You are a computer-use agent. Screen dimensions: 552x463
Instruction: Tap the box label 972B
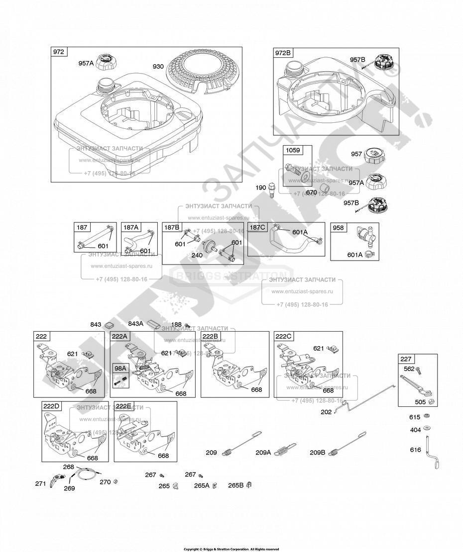click(x=283, y=53)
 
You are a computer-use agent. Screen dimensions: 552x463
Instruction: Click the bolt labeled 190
click(x=272, y=190)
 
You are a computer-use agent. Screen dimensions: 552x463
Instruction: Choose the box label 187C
click(x=257, y=227)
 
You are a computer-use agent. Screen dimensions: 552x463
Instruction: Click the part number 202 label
click(x=327, y=412)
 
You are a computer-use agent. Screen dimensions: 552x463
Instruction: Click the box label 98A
click(x=120, y=368)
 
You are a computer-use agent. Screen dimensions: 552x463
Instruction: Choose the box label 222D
click(x=51, y=406)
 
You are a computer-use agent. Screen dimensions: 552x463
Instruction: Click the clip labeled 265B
click(x=249, y=485)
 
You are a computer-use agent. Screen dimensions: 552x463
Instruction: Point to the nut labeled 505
click(x=431, y=402)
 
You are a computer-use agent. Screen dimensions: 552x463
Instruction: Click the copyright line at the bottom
click(x=231, y=549)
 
